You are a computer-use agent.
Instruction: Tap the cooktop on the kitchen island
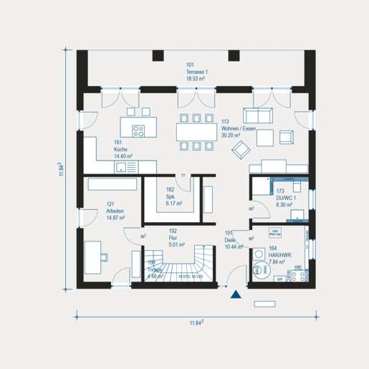(138, 130)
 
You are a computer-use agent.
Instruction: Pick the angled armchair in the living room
(241, 149)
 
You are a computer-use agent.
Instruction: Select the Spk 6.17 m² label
(172, 201)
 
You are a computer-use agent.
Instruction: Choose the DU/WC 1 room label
(285, 198)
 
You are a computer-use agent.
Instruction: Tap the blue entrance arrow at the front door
(234, 292)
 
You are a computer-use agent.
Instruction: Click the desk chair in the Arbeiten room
(105, 256)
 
